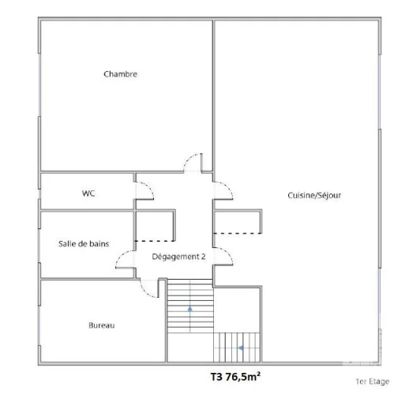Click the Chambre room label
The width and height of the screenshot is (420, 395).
coord(120,74)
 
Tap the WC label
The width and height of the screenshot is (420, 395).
coord(88,194)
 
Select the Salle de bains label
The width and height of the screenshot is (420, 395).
coord(84,243)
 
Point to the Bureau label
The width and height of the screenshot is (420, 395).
coord(102,325)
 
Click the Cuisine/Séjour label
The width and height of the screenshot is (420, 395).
coord(314,195)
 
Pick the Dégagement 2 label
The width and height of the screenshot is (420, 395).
coord(178,257)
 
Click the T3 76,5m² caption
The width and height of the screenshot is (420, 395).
coord(235,377)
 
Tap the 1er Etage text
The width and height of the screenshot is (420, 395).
coord(373,382)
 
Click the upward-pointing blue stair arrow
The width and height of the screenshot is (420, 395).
coord(190,309)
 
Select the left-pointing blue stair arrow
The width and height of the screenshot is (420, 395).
coord(241,348)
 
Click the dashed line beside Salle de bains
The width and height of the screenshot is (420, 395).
coord(155,241)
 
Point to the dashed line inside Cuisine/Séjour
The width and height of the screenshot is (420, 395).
coord(238,234)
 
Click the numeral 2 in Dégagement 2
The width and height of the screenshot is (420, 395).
coord(204,257)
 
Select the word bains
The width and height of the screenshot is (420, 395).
coord(99,243)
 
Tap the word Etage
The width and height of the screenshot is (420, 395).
coord(379,382)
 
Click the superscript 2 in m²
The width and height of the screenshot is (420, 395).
coord(258,374)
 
